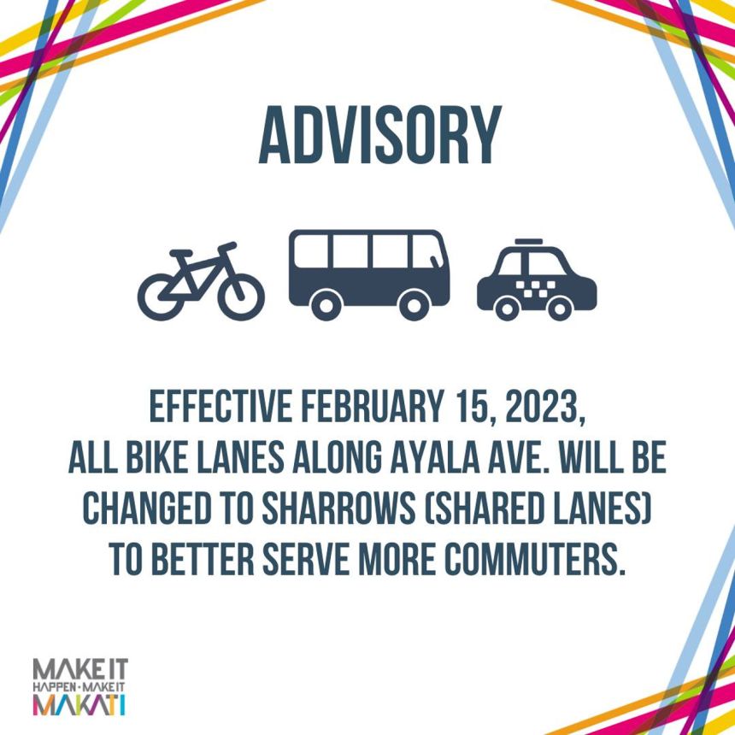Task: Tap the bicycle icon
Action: pos(201,282)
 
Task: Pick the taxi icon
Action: pos(536,282)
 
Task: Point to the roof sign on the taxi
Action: pos(530,242)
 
